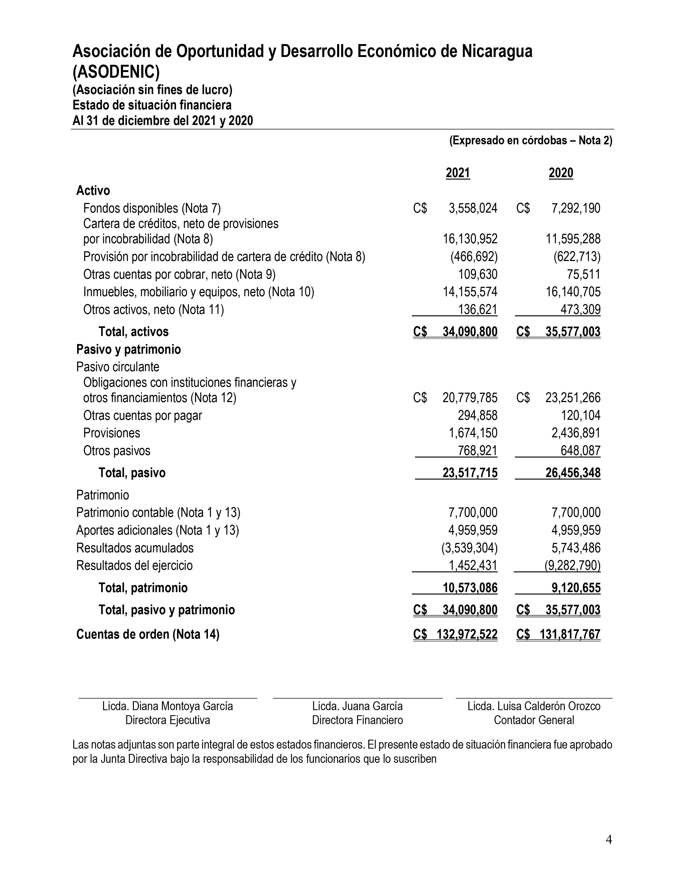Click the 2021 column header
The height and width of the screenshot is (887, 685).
458,173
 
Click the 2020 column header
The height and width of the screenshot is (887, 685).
561,173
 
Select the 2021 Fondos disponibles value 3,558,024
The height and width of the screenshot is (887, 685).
473,208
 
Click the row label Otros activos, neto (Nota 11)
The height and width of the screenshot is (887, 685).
153,310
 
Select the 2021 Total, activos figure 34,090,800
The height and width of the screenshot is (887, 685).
470,332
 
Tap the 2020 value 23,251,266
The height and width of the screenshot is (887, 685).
573,398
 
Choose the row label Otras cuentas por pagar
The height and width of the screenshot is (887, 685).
142,416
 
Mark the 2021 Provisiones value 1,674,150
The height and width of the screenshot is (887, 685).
473,433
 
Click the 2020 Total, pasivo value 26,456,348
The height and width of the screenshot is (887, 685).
573,473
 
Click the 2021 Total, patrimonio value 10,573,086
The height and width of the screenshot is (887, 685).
470,588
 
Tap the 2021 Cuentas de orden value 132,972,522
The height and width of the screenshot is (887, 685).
467,634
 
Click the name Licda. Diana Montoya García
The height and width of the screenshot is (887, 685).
168,706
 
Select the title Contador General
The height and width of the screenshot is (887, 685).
534,720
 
